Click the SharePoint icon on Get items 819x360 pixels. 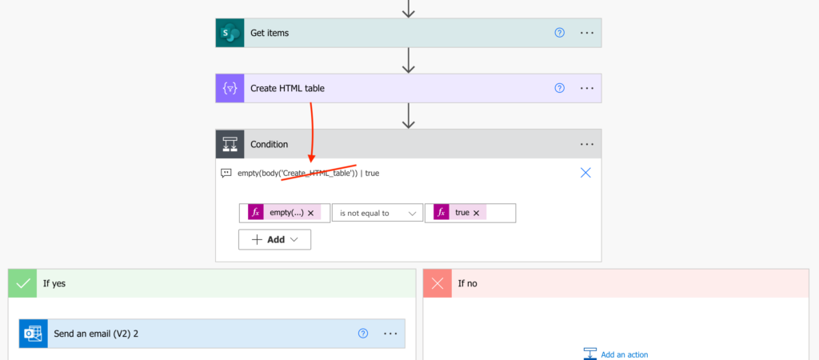pos(230,33)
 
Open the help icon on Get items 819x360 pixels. pos(559,33)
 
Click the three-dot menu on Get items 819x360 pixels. pos(587,33)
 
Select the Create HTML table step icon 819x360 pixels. pos(230,88)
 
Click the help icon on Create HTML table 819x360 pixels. pos(559,88)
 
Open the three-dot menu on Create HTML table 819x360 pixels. pos(587,88)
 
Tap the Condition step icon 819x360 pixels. pos(230,144)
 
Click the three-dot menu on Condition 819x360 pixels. pos(587,144)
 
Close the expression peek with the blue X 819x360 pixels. pos(585,173)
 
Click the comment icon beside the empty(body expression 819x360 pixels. pos(226,173)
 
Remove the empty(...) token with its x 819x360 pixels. pos(311,213)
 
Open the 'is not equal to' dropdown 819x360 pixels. pos(378,213)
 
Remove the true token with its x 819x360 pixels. pos(477,213)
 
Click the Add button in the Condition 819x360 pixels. pos(275,239)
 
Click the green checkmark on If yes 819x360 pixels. pos(22,284)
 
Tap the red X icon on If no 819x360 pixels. pos(437,284)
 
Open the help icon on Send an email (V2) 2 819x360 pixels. pos(364,334)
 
